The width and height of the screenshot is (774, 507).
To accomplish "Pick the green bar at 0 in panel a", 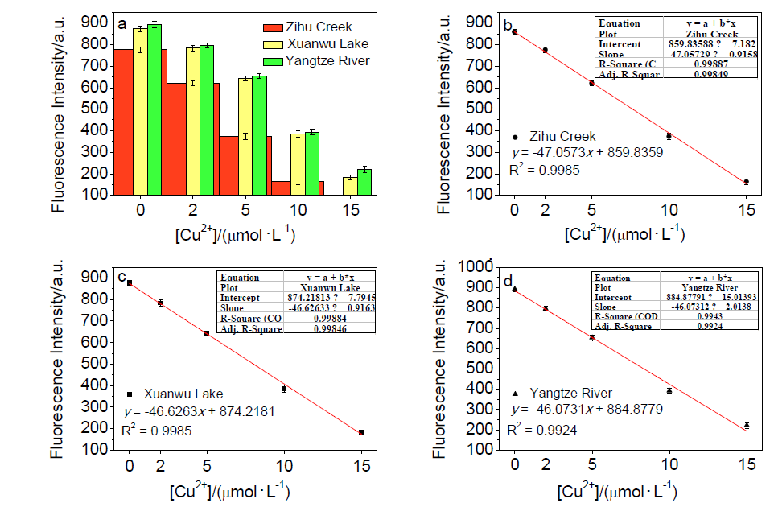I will point(154,109).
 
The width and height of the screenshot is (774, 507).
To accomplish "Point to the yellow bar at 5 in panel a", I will point(245,136).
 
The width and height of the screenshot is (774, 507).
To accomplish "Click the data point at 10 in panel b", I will point(669,136).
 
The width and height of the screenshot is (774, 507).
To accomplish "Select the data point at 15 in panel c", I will point(361,432).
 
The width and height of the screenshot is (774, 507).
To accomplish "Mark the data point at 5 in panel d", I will point(592,338).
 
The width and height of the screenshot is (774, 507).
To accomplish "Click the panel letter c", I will point(122,278).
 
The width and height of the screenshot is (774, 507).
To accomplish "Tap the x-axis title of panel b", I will point(625,234).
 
